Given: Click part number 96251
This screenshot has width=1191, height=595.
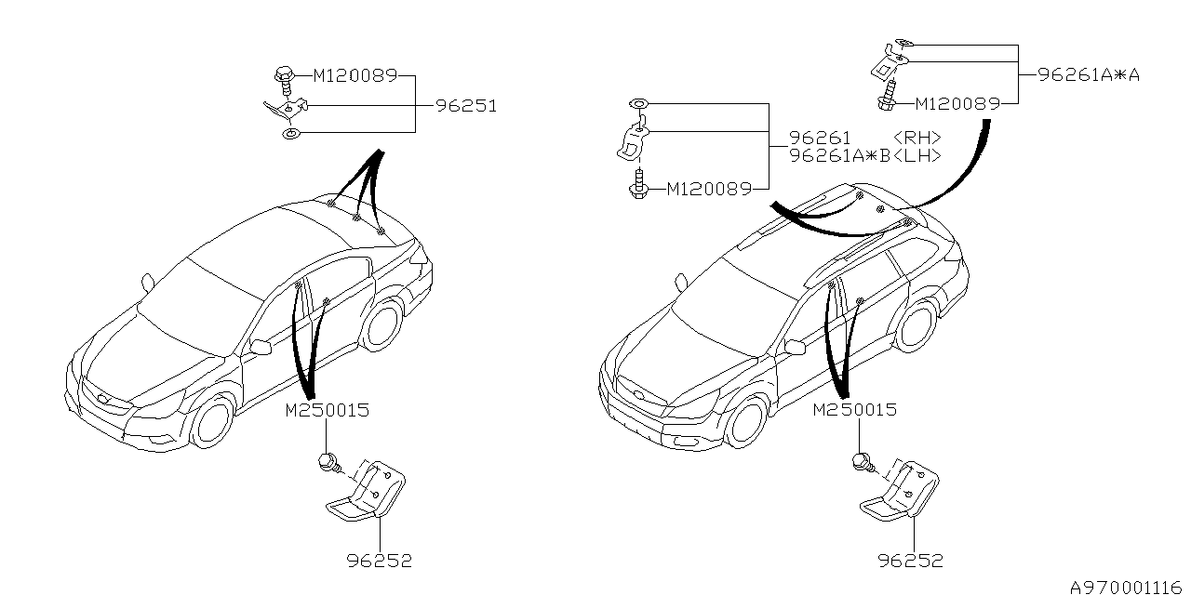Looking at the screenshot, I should coord(465,106).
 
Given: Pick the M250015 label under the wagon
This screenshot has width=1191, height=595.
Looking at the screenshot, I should coord(855,409).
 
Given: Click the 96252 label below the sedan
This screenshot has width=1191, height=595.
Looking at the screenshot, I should coord(380,561).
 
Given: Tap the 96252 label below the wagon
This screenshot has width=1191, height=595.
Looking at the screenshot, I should coord(911,561).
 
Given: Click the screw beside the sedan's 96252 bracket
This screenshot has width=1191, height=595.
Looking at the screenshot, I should coord(328,461).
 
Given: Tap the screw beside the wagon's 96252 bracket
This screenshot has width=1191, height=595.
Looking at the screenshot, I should coord(861,461).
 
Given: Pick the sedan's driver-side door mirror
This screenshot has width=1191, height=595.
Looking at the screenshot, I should coord(260,348).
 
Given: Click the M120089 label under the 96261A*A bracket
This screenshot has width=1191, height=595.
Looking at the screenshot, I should coord(957,104).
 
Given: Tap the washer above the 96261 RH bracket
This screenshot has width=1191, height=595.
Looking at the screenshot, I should coord(639,103).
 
